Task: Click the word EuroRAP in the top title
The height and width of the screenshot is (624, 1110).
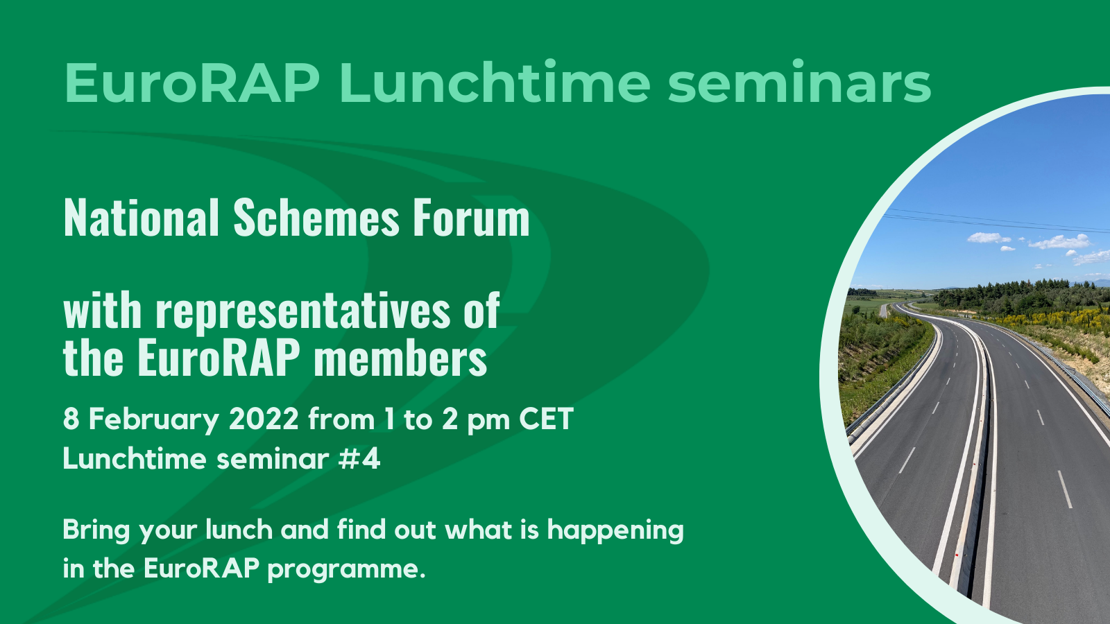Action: [192, 83]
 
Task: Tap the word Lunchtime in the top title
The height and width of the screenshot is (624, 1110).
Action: [495, 83]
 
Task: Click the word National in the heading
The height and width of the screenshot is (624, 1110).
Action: [142, 218]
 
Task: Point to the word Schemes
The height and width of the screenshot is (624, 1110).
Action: [316, 218]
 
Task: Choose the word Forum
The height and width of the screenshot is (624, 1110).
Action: [472, 218]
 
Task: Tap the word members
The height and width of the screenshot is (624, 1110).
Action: [400, 358]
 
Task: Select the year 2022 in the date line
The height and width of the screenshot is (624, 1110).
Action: [264, 419]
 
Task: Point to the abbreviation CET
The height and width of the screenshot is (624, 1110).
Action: [546, 419]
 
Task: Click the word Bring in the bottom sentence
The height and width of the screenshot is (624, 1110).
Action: [96, 530]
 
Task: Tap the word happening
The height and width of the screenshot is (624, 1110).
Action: [615, 531]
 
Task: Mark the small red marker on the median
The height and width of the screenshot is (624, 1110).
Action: [957, 555]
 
